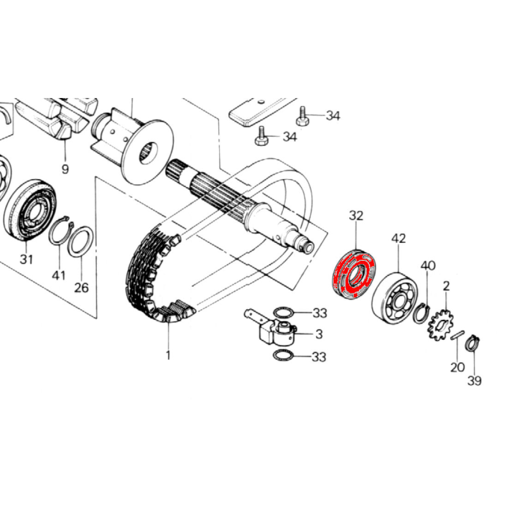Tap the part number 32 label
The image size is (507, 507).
pyautogui.click(x=356, y=216)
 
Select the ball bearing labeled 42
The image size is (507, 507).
pyautogui.click(x=394, y=297)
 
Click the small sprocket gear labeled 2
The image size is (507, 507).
pyautogui.click(x=440, y=325)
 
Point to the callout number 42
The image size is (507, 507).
pyautogui.click(x=398, y=239)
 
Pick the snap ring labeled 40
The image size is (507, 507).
pyautogui.click(x=421, y=314)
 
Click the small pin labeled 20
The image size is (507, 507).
pyautogui.click(x=457, y=335)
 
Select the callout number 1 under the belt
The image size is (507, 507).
pyautogui.click(x=168, y=355)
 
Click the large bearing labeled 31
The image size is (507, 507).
pyautogui.click(x=30, y=210)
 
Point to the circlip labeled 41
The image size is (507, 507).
pyautogui.click(x=61, y=232)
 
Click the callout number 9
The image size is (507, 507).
pyautogui.click(x=65, y=169)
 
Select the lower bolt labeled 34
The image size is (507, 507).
pyautogui.click(x=261, y=136)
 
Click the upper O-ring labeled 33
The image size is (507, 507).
pyautogui.click(x=283, y=313)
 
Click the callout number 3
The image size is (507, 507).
pyautogui.click(x=319, y=334)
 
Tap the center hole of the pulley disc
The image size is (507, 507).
pyautogui.click(x=148, y=153)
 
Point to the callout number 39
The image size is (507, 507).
pyautogui.click(x=474, y=381)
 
